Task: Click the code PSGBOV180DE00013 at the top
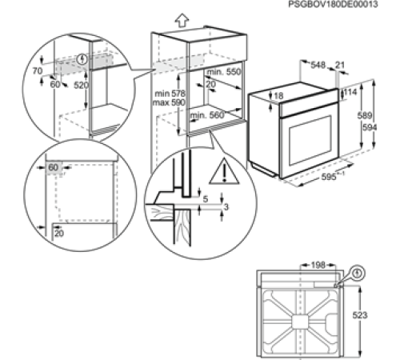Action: [x=349, y=4]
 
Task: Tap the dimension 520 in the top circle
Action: [x=81, y=83]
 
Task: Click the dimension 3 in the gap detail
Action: [x=226, y=207]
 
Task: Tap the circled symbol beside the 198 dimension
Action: [x=355, y=272]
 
